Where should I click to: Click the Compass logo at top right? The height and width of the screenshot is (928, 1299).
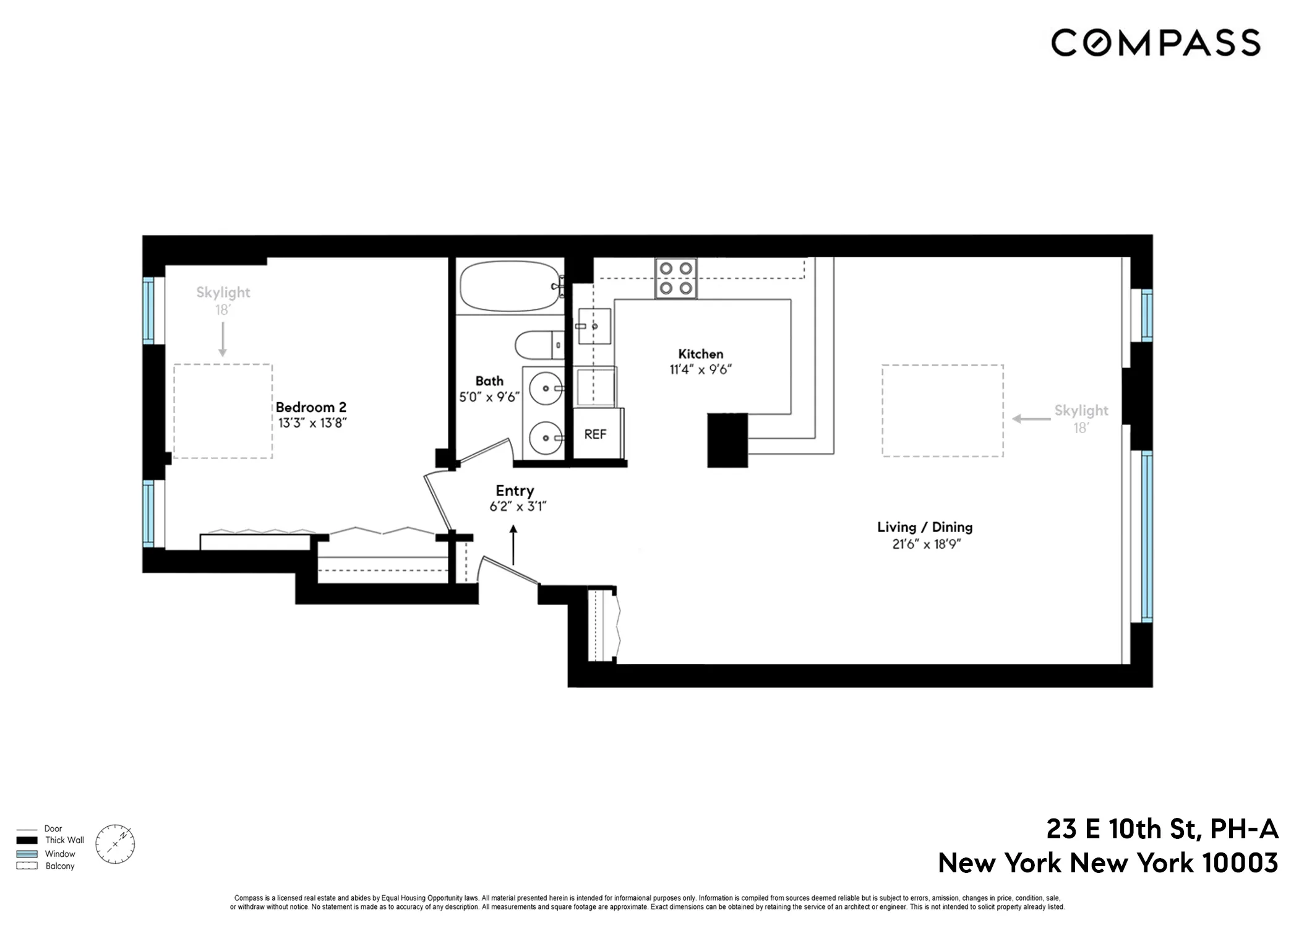1155,43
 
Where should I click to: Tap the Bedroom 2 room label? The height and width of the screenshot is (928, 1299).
311,407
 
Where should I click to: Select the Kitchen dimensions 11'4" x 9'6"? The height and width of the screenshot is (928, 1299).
700,369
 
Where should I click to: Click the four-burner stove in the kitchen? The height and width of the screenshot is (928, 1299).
675,278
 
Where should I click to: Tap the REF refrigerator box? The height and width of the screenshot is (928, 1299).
596,434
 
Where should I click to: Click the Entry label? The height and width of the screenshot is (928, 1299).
515,491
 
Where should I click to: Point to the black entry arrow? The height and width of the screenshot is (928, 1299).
513,544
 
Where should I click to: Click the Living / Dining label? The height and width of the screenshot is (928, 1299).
925,527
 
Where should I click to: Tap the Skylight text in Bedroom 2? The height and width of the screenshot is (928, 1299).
223,292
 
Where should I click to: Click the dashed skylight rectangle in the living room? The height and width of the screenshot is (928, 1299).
942,411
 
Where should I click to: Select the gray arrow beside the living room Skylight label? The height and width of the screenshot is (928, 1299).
1031,419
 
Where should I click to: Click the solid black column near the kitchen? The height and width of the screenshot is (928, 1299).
727,440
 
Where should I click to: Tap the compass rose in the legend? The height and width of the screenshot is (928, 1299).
115,844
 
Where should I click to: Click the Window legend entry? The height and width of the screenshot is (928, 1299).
59,854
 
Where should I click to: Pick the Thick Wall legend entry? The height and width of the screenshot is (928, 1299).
64,840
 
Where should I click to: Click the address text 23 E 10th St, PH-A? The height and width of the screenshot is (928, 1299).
1162,829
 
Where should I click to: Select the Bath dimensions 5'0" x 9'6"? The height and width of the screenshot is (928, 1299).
489,397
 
